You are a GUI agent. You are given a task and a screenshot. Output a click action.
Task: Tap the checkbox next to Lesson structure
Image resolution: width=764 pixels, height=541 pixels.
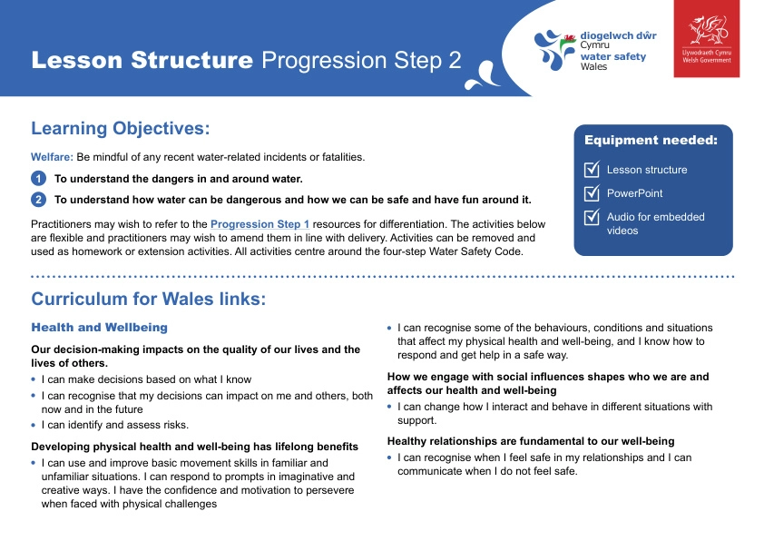[592, 170]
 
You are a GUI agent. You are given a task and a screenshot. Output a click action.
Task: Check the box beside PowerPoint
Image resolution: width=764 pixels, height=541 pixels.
[592, 193]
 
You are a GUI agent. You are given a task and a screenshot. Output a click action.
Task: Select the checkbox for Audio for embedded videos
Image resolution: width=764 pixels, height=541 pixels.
[592, 217]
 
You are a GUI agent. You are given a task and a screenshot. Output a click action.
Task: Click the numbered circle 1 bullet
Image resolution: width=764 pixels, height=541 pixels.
[38, 179]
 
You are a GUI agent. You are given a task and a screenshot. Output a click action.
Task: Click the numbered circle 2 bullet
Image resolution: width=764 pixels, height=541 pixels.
[38, 200]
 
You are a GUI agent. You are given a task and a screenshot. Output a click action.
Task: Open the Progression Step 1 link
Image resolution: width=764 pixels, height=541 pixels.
[260, 223]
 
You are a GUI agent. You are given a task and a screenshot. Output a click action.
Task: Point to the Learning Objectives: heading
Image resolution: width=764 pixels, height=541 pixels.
[121, 128]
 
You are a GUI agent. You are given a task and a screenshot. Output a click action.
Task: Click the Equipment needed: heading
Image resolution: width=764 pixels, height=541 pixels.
[651, 141]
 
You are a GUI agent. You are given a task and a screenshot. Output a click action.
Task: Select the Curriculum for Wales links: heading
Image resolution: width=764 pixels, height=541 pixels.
[148, 300]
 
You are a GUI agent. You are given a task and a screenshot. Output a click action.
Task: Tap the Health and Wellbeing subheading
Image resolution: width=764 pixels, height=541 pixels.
[99, 327]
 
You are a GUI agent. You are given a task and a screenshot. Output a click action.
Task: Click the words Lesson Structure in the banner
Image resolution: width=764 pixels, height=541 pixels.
[142, 61]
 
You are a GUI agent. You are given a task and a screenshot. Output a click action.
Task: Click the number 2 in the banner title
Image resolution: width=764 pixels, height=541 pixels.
[454, 61]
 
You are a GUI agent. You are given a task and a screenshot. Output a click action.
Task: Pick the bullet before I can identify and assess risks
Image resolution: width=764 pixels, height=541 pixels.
[34, 425]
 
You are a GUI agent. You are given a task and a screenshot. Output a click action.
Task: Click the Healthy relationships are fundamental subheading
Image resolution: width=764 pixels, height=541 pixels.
[531, 441]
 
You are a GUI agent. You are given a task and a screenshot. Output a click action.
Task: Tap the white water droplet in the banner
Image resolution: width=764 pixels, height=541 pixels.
[480, 76]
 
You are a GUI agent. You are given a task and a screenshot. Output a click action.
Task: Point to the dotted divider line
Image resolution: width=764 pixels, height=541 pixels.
[382, 276]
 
